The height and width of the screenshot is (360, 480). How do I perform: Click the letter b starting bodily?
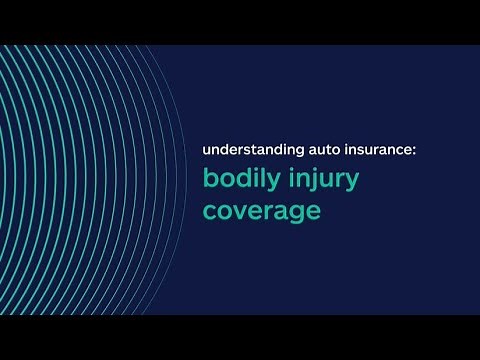coord(209,180)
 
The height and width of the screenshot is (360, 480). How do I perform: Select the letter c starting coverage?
coord(209,212)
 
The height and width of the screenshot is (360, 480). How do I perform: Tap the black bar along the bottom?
coord(240,337)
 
